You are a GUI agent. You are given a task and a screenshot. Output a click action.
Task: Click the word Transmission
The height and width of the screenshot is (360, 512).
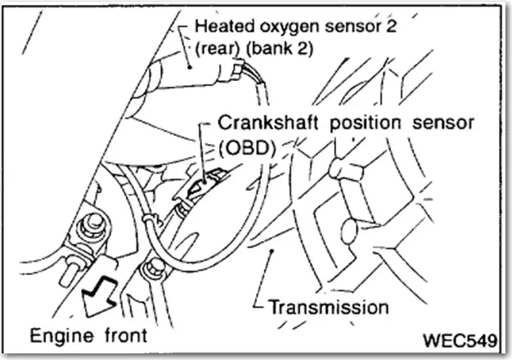coord(328,308)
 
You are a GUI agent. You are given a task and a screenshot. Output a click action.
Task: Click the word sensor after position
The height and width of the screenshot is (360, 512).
coord(442,124)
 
